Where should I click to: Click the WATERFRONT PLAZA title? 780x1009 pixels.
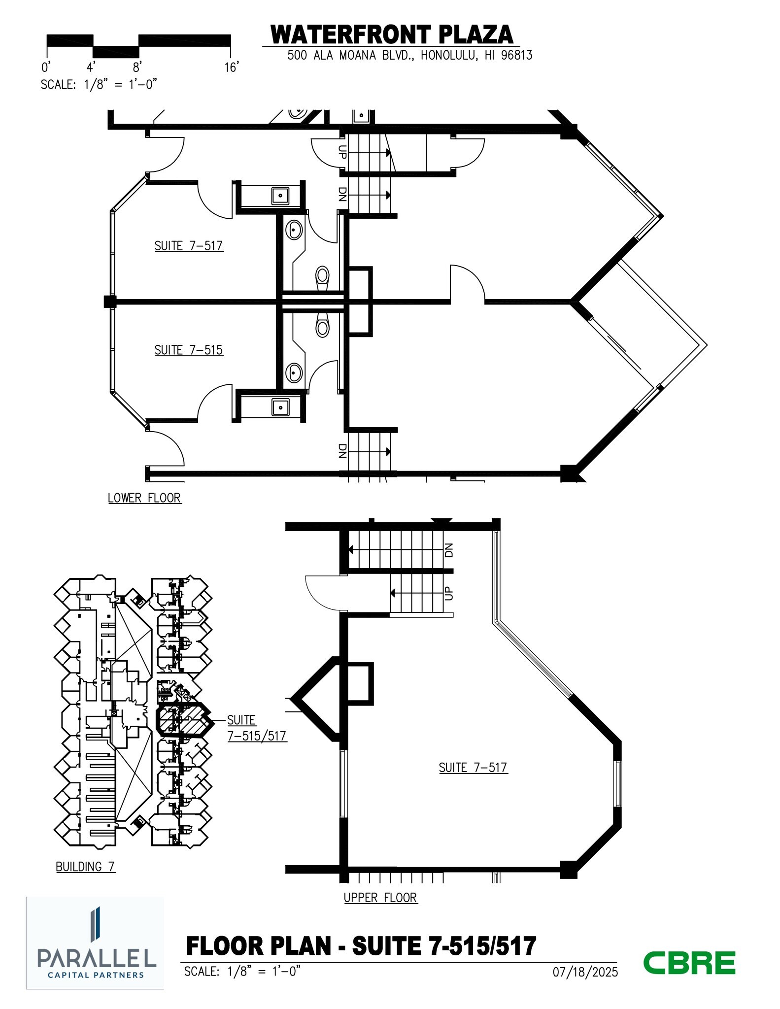click(392, 35)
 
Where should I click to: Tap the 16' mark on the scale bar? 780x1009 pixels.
click(231, 67)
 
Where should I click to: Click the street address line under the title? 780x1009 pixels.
click(409, 55)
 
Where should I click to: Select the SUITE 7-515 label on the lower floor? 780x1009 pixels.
click(189, 350)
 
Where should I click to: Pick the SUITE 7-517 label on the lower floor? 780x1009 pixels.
click(189, 246)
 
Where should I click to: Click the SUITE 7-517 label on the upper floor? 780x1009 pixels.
click(473, 768)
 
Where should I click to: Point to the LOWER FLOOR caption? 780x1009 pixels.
click(144, 498)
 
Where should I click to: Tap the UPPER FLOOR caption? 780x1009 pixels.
click(380, 898)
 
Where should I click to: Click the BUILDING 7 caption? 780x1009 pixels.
click(85, 867)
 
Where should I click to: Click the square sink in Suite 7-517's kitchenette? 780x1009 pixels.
click(280, 196)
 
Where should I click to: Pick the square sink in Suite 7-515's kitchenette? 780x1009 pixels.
click(280, 407)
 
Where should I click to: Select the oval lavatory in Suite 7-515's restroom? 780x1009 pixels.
click(295, 372)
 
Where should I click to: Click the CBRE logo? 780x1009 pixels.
click(689, 963)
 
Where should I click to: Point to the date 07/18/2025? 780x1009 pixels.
click(585, 972)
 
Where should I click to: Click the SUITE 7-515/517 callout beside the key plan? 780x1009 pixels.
click(256, 728)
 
